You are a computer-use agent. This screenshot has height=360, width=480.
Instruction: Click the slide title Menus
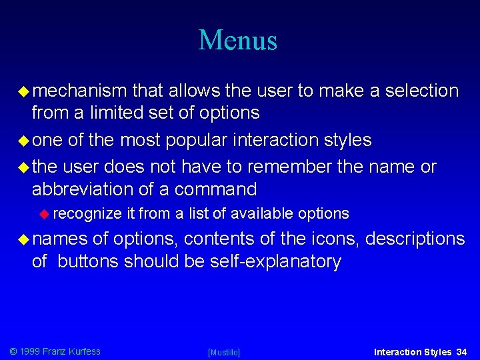coord(238,40)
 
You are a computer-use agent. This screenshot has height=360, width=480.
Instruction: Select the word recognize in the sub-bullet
coord(87,214)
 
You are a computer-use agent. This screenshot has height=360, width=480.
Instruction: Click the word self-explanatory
coord(275,261)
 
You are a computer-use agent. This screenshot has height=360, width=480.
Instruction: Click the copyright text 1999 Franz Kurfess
coord(55,351)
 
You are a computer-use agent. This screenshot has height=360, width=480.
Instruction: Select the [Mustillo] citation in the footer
coord(224,352)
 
